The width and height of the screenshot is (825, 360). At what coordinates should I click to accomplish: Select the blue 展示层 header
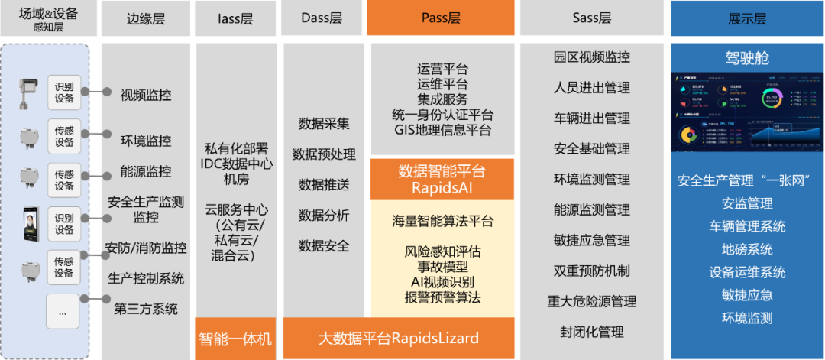coord(746,18)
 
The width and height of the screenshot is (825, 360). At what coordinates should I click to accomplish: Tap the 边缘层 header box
coord(145,18)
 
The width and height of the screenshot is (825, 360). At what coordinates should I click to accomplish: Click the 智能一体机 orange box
coord(235,338)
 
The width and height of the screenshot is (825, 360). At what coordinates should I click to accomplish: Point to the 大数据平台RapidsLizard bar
coord(398,338)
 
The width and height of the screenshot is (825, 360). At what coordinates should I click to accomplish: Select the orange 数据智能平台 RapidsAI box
coord(442,179)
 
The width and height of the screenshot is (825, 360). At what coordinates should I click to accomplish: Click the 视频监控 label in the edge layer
coord(145,96)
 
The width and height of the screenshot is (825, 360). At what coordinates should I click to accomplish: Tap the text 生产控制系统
coord(145,278)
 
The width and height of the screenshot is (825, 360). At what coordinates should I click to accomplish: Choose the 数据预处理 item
coord(327,154)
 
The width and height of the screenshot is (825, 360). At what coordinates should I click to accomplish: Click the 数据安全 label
coord(324,246)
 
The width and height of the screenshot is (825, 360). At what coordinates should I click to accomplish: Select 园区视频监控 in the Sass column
coord(591,57)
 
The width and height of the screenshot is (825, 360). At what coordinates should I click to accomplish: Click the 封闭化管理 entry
coord(591,332)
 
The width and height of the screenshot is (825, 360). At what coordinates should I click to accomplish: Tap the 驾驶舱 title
coord(746,57)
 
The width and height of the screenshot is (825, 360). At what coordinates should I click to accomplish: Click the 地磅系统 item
coord(746,249)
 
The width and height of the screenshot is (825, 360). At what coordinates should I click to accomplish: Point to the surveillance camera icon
coord(28,91)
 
